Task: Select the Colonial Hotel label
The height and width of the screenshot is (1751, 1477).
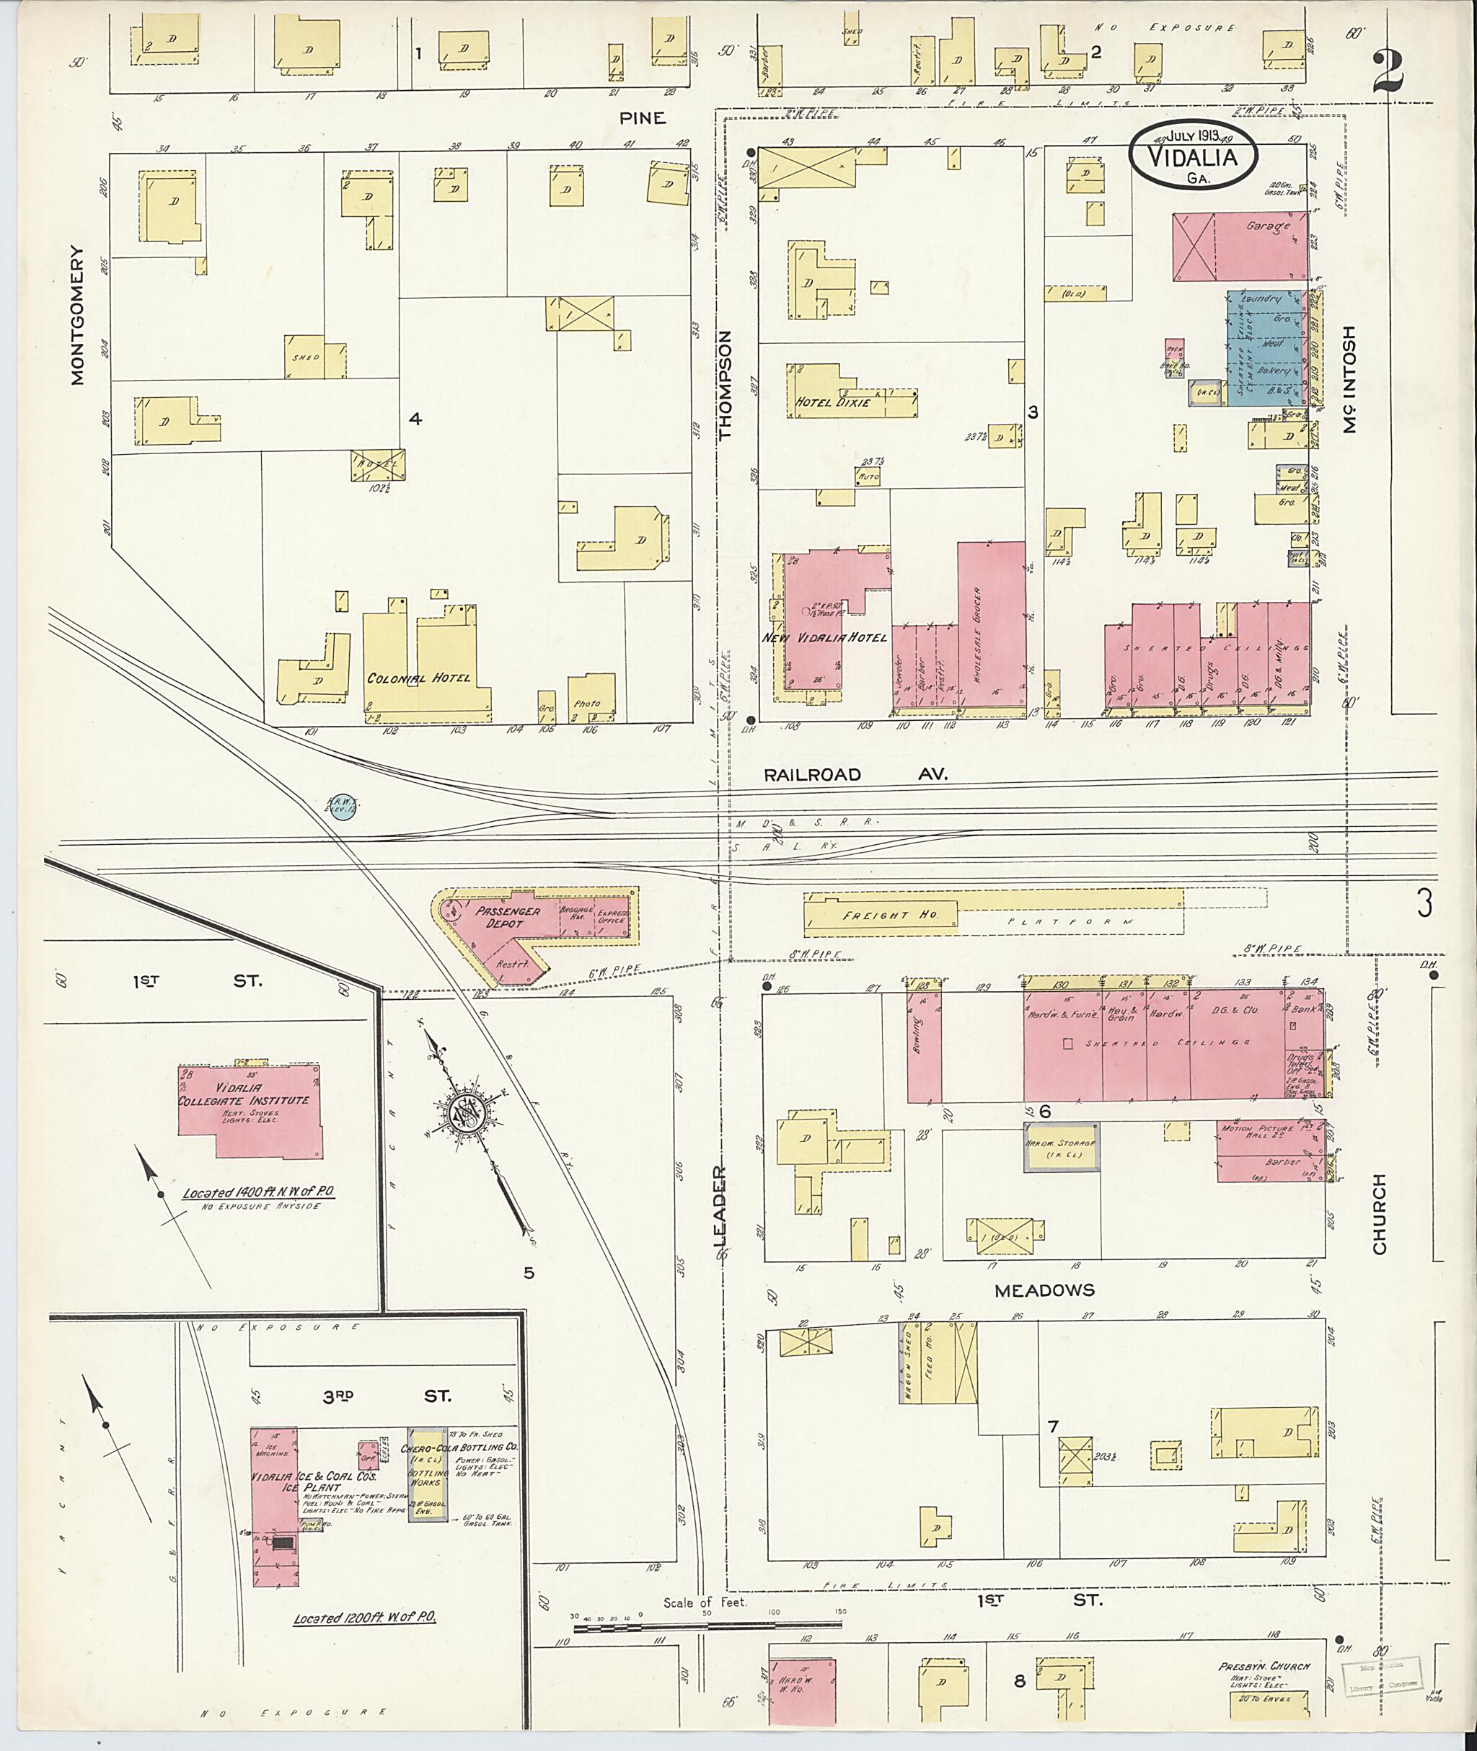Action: (418, 678)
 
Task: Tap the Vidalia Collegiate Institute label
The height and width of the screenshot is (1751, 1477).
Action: (244, 1101)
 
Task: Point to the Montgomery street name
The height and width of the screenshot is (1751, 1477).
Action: (78, 315)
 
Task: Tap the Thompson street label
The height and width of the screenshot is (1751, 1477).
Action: (725, 384)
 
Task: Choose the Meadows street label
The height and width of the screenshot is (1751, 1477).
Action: (1044, 1290)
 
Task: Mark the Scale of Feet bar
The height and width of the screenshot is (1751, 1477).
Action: (707, 1627)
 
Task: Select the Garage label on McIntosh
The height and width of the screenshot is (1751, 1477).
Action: (1267, 226)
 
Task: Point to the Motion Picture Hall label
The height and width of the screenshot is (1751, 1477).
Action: (1258, 1129)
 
